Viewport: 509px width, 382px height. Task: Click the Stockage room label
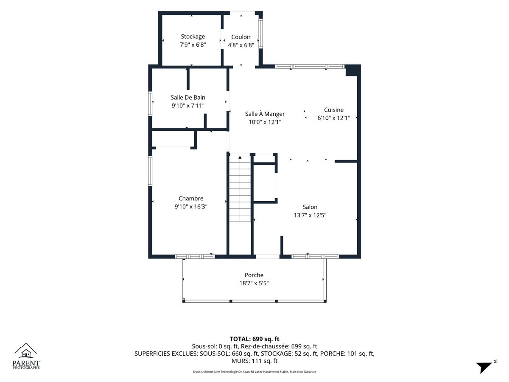(x=193, y=37)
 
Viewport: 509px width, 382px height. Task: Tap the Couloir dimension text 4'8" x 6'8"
(x=241, y=45)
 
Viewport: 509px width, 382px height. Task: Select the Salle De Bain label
(x=188, y=98)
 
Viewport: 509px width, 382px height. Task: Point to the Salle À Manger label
(x=265, y=114)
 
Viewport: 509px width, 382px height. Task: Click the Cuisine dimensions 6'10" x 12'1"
(x=334, y=118)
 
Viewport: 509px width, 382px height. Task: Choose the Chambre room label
(x=191, y=198)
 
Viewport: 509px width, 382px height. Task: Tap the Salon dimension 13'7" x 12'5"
(x=310, y=215)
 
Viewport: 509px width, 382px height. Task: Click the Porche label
(x=254, y=275)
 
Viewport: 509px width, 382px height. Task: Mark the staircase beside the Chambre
(x=240, y=188)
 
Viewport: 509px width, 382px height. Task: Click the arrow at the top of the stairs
(x=240, y=157)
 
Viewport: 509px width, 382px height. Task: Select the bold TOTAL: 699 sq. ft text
(x=255, y=339)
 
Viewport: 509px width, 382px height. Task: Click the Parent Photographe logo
(x=26, y=356)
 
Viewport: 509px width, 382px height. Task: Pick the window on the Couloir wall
(x=260, y=34)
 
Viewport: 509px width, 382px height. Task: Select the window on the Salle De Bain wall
(x=150, y=104)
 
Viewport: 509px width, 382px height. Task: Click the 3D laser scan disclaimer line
(x=255, y=371)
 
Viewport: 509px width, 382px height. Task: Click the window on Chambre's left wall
(x=150, y=171)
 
